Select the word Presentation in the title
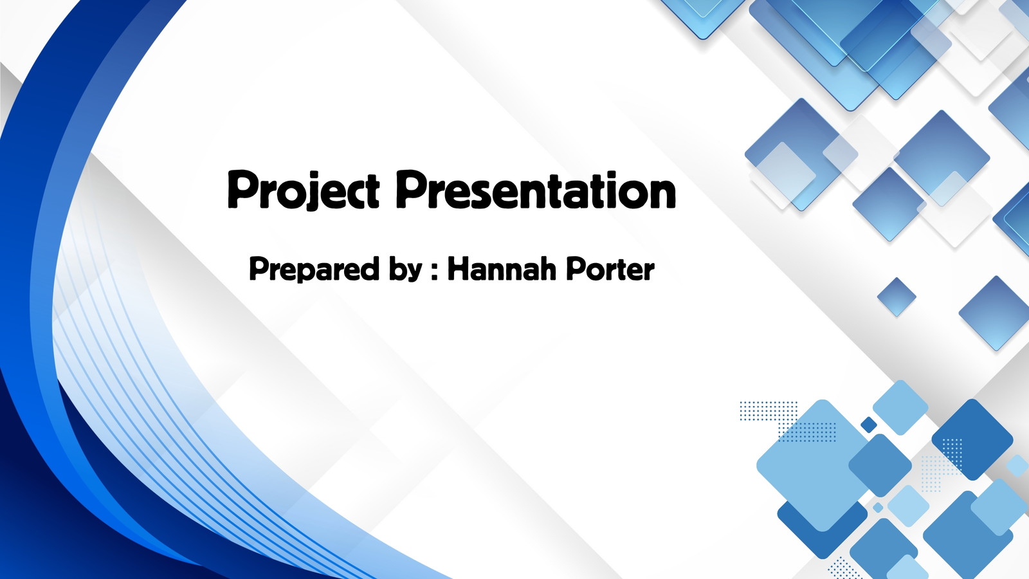click(536, 189)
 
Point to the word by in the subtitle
click(406, 270)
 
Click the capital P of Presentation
click(409, 188)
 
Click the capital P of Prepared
click(258, 268)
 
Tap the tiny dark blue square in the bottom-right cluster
click(868, 425)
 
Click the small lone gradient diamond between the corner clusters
click(897, 297)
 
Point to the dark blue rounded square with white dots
click(972, 439)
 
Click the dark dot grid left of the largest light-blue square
click(769, 410)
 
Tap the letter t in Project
click(372, 193)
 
